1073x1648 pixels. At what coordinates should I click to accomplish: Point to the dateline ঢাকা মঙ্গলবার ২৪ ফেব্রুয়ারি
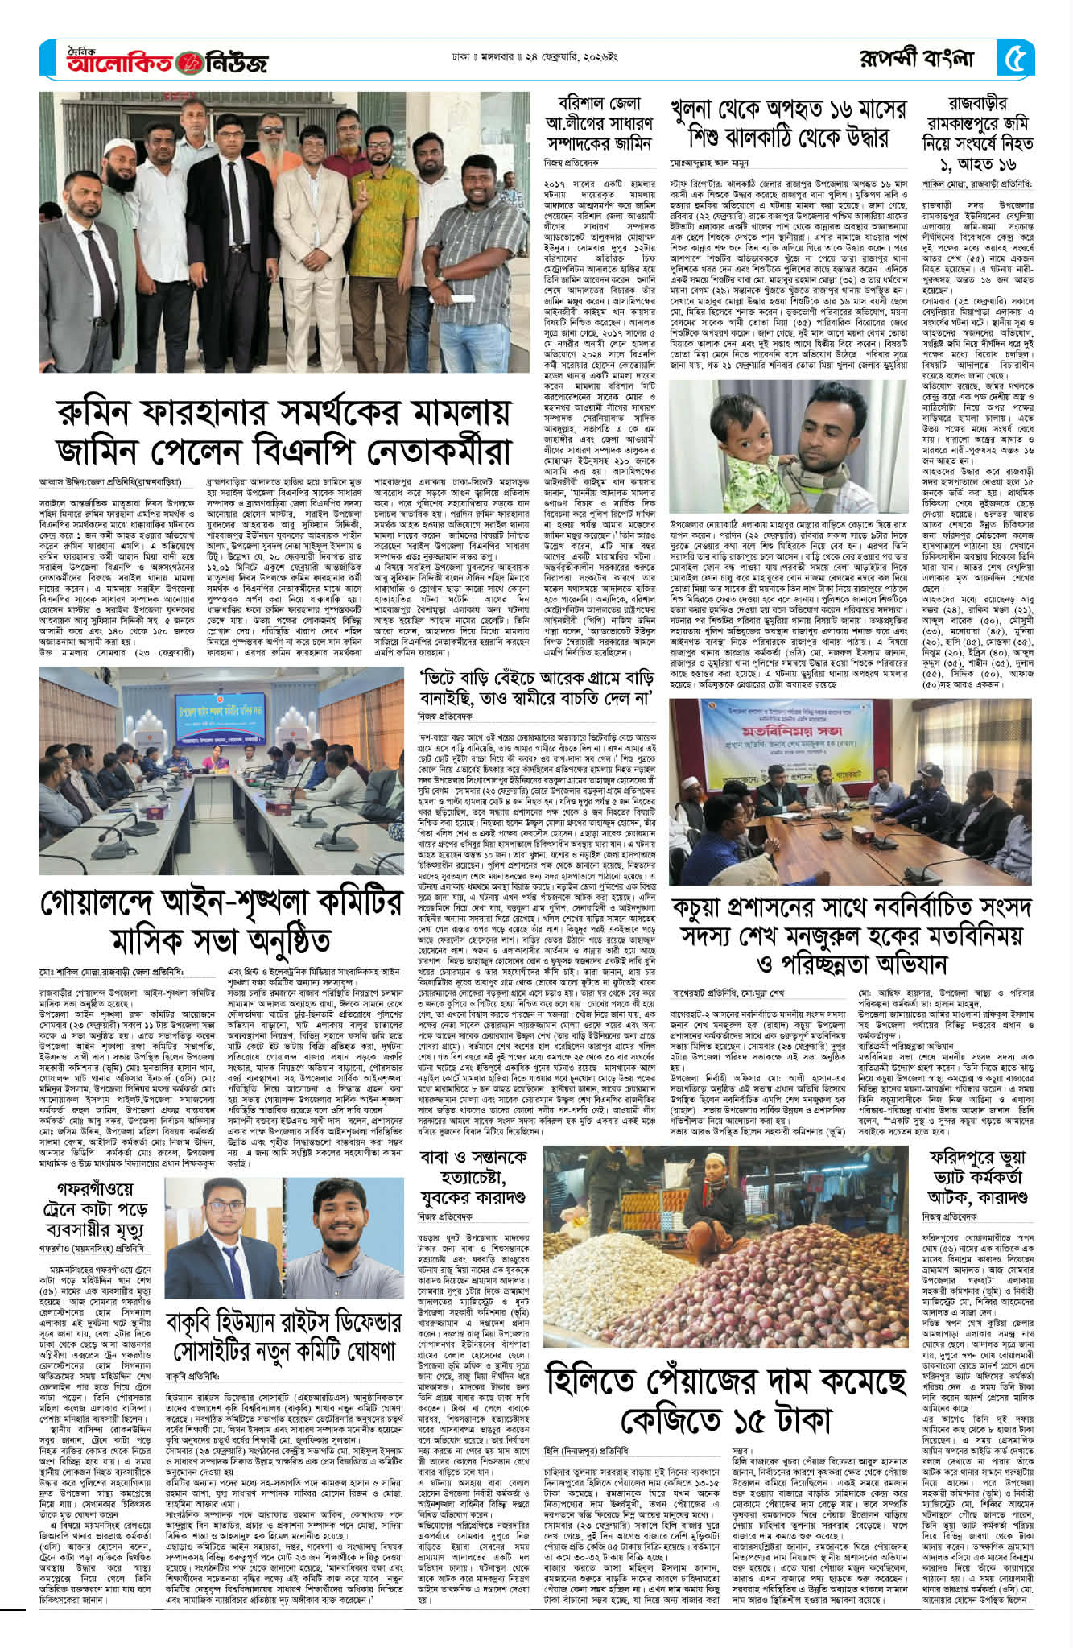point(542,59)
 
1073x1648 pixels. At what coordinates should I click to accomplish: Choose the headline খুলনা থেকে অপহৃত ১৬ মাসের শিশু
point(788,122)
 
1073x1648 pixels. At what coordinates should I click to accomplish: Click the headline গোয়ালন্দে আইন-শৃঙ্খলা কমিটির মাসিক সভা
point(221,920)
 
